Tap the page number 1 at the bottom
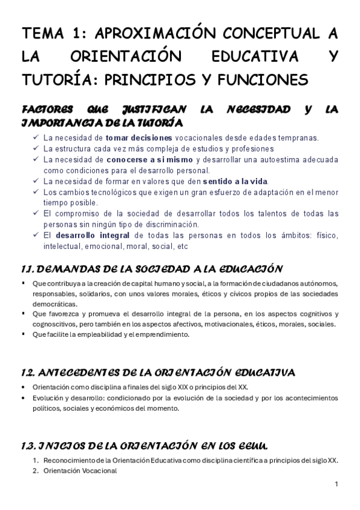[337, 485]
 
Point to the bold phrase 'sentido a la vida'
[236, 181]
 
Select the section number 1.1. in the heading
[31, 268]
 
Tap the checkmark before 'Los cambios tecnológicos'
[35, 192]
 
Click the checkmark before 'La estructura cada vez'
[35, 149]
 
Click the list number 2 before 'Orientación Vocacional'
[35, 472]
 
